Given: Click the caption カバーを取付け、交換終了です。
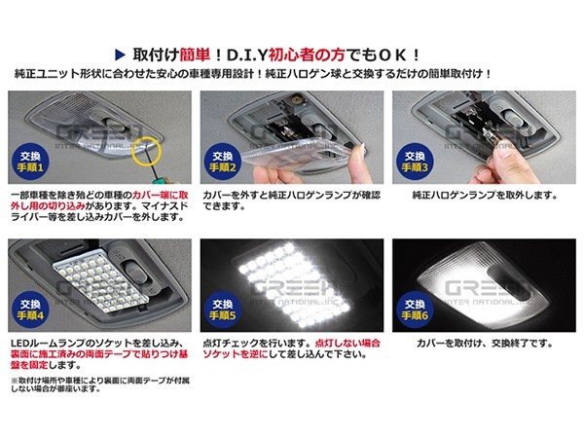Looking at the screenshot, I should pyautogui.click(x=470, y=344).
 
